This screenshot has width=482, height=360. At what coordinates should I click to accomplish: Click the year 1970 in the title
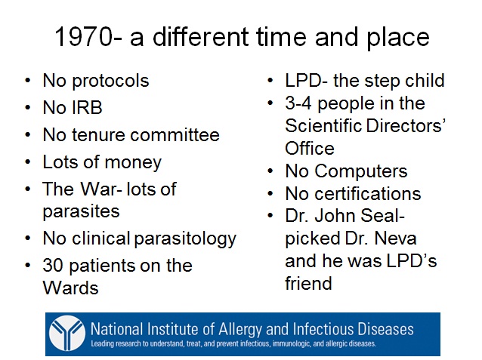pos(83,37)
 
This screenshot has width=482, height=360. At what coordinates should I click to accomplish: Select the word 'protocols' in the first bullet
pos(110,82)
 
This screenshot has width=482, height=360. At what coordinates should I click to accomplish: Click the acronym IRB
pos(88,107)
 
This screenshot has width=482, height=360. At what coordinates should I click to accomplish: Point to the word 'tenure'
pos(97,135)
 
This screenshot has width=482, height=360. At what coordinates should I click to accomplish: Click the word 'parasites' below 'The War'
pos(81,212)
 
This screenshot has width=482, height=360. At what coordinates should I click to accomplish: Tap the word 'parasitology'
pos(185,239)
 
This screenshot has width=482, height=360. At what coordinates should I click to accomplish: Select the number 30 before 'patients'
pos(54,265)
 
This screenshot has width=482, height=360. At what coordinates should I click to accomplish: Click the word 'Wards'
pos(70,288)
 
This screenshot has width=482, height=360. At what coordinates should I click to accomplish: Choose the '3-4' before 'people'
pos(298,103)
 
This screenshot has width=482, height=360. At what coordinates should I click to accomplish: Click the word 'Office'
pos(310,149)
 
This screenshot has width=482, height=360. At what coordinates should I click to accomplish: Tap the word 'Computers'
pos(361,171)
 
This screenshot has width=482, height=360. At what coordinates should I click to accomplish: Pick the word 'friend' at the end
pos(308,283)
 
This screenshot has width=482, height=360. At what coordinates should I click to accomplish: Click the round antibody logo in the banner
pos(67,334)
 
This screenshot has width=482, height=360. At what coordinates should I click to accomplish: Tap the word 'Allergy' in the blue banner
pos(240,330)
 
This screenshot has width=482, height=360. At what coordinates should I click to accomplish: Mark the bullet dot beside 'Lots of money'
pos(28,162)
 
